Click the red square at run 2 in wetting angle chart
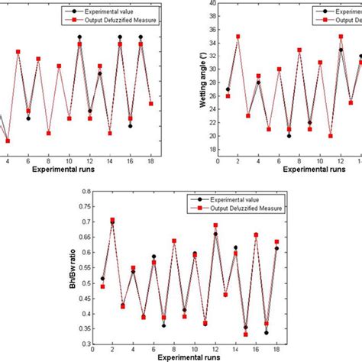tap(238, 36)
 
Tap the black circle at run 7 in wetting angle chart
tap(289, 136)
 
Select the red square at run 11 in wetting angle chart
tap(331, 135)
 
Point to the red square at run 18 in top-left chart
tap(151, 104)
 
